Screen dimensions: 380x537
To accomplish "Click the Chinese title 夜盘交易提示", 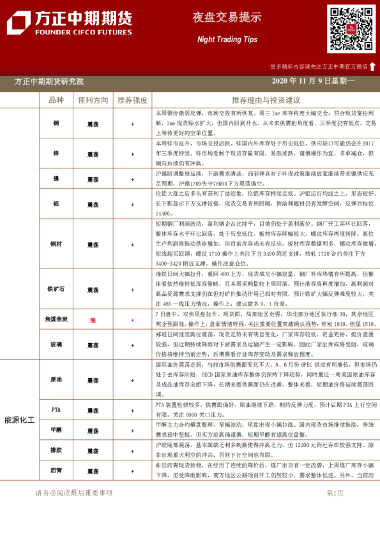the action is tap(218, 17).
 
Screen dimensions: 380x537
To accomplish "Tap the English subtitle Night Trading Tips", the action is tap(218, 40).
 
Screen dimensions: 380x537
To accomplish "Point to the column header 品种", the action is tap(56, 100).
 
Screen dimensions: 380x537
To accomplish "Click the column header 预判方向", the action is tap(93, 100).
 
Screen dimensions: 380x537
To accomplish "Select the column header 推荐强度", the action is tap(132, 100).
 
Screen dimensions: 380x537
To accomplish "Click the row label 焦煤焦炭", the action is tap(56, 320).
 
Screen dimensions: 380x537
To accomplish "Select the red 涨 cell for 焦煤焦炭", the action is tap(93, 320).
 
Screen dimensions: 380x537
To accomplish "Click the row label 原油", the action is tap(56, 380).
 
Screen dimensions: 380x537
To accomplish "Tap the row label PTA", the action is tap(56, 410).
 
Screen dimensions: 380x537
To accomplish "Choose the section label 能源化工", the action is tap(20, 420).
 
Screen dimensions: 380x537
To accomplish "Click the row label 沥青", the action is tap(56, 471).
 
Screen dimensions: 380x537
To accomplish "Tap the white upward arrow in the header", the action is tap(372, 66).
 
